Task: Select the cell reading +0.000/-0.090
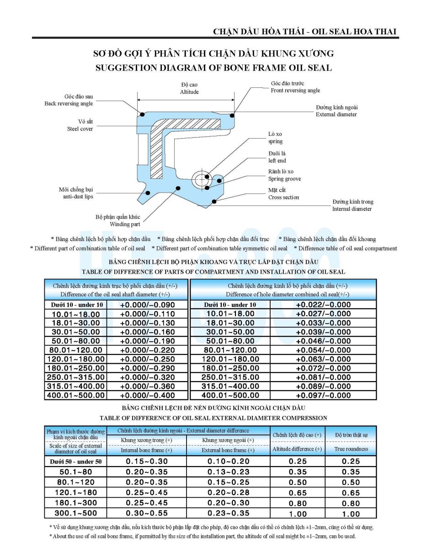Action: coord(147,305)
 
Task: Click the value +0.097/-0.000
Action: coord(323,395)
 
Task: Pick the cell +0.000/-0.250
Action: coord(147,359)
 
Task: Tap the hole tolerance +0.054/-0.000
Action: coord(323,350)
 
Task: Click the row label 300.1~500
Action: coord(75,513)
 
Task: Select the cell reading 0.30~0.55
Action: coord(147,513)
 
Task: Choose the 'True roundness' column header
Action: coord(351,449)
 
